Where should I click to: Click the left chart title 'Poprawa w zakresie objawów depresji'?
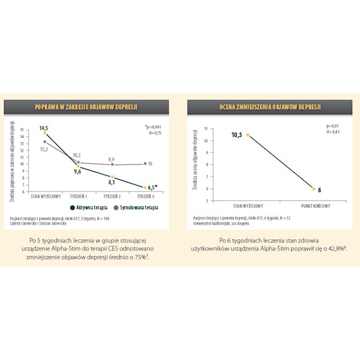coord(86,106)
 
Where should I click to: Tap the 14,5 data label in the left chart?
coord(44,128)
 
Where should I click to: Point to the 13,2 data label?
coord(44,149)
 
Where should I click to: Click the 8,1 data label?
coord(111,182)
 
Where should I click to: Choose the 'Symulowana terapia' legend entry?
coord(138,207)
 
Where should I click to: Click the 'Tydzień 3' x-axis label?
coord(112,196)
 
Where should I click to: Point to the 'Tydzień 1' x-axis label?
coord(79,196)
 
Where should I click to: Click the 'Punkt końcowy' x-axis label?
coord(314,206)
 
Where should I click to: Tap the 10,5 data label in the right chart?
coord(236,135)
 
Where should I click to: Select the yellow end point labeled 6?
coord(314,188)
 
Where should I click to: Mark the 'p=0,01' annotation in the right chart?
coord(333,125)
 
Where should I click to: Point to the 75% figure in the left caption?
coord(140,257)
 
